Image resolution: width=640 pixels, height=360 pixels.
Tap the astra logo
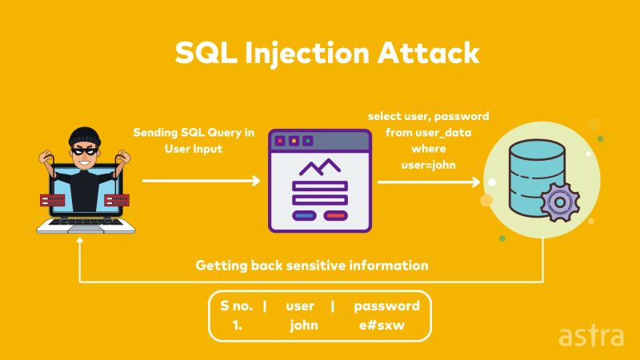pyautogui.click(x=590, y=335)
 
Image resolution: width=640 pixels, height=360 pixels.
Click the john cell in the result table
pyautogui.click(x=304, y=325)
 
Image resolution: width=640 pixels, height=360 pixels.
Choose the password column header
pyautogui.click(x=386, y=306)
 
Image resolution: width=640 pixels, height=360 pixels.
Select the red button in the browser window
pyautogui.click(x=335, y=215)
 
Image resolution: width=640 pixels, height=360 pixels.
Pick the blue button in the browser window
pyautogui.click(x=305, y=215)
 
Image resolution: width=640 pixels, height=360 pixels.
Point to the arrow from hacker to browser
pyautogui.click(x=201, y=181)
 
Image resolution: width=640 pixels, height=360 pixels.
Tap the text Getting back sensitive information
pyautogui.click(x=312, y=265)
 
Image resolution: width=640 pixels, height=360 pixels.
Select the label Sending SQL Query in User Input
pyautogui.click(x=194, y=141)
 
